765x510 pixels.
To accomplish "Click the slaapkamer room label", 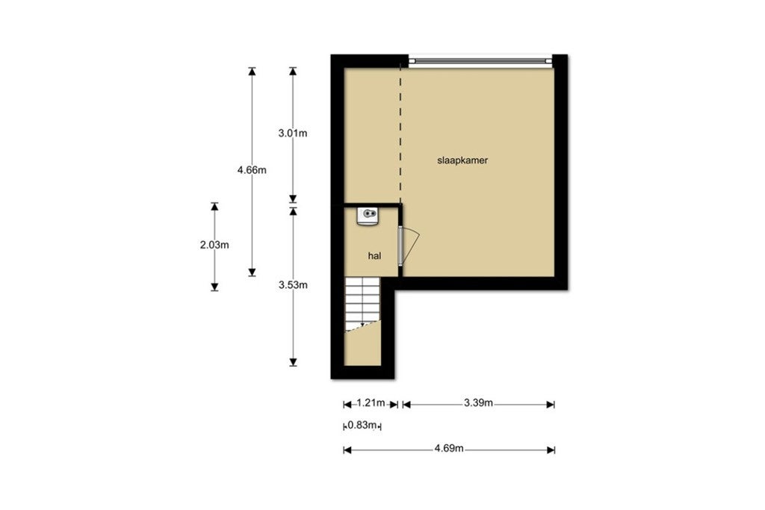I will point(462,160).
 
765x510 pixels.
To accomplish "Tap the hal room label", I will point(375,255).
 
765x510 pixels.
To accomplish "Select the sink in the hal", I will point(369,216).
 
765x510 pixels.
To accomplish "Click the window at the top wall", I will point(480,59).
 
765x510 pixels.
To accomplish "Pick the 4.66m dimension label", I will point(252,170).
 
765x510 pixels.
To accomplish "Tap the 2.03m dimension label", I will point(214,244).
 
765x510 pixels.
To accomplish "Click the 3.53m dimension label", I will point(293,284).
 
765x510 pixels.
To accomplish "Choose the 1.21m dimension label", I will point(370,404).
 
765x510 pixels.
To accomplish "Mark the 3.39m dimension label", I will point(478,404).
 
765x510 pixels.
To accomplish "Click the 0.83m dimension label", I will point(363,426).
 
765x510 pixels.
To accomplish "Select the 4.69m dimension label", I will point(450,449).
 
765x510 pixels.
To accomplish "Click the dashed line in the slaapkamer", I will point(400,134).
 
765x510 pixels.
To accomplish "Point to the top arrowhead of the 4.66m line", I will point(252,71).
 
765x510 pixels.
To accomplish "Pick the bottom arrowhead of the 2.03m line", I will point(214,286).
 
